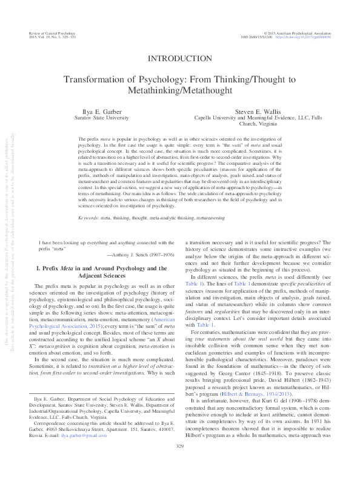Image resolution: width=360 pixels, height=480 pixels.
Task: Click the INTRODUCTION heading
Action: click(179, 59)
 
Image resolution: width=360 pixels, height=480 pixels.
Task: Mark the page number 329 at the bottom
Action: click(179, 464)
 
